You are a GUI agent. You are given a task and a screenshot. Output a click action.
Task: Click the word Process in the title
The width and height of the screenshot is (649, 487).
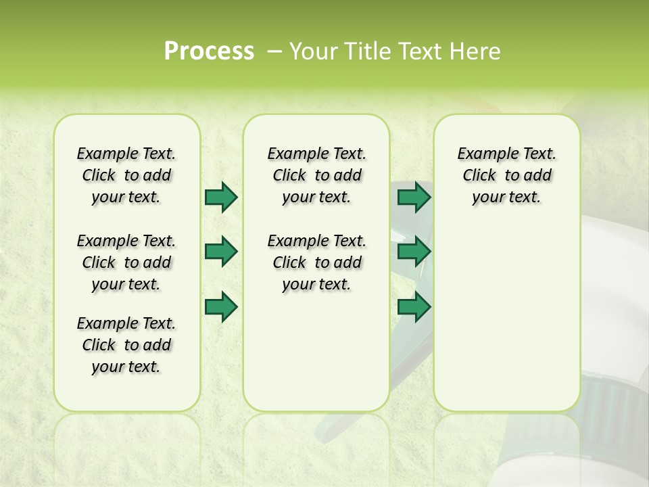click(209, 51)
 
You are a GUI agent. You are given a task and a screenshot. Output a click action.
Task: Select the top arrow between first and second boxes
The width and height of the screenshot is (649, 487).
click(221, 198)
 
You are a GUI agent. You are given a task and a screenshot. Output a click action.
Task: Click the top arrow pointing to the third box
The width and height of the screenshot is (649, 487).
click(414, 198)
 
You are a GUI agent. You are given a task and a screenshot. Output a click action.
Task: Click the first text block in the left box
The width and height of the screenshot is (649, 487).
click(126, 175)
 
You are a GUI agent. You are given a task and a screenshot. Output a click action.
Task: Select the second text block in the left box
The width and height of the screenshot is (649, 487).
click(126, 262)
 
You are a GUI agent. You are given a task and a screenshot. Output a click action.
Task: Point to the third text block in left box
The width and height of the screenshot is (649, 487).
click(126, 345)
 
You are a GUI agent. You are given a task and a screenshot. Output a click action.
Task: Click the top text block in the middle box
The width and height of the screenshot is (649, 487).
click(316, 175)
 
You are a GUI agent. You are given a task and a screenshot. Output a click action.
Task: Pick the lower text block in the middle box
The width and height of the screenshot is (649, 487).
click(316, 262)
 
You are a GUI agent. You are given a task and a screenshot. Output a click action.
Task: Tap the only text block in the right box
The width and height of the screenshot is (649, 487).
click(506, 175)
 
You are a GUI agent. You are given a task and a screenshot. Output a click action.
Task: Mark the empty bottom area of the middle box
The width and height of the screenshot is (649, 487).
click(316, 358)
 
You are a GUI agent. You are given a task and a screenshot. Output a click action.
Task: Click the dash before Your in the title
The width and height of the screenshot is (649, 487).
click(275, 51)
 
